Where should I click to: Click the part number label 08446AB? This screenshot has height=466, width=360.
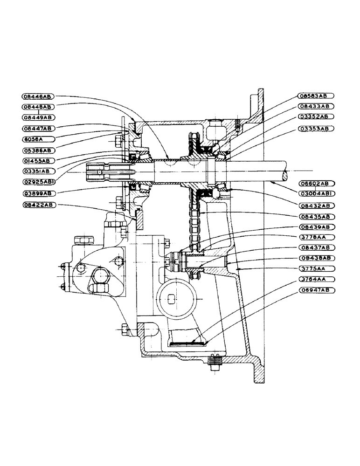(38, 96)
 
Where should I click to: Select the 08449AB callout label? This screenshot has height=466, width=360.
(38, 117)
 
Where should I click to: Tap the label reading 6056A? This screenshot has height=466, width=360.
(38, 138)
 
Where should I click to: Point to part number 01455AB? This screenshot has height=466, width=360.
(38, 160)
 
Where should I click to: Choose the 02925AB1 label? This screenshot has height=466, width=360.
(38, 181)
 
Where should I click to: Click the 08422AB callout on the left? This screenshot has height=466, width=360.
(38, 205)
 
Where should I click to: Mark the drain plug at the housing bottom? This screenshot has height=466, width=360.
(215, 363)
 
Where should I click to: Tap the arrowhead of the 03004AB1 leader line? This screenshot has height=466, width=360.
(271, 183)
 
